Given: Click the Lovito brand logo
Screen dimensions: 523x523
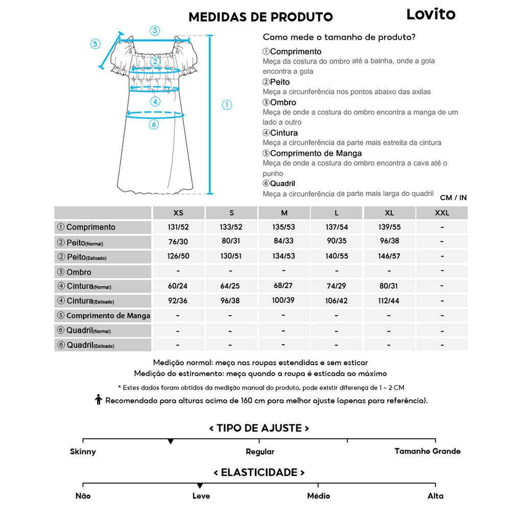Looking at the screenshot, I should (x=431, y=14).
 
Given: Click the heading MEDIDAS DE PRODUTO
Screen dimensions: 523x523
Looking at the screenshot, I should (x=260, y=17).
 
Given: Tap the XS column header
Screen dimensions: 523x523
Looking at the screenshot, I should (x=178, y=212).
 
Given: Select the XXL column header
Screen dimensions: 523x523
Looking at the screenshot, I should (x=442, y=212).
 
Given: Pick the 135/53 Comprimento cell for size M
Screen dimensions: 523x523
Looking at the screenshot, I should (x=284, y=227).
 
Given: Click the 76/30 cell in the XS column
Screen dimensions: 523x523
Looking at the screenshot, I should (x=178, y=242).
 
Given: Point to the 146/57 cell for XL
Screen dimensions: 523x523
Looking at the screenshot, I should (x=389, y=256).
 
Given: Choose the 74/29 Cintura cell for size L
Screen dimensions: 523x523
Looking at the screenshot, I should (x=336, y=286).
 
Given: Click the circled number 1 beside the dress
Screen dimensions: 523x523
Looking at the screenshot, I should (x=227, y=105).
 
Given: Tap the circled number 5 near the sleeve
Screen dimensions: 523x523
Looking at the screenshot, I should (x=95, y=44).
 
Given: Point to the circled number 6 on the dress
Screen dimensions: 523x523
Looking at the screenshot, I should (x=154, y=124).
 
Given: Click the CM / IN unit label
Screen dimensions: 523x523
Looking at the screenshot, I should (x=453, y=198).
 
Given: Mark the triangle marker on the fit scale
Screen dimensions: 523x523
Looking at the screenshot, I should (x=170, y=441).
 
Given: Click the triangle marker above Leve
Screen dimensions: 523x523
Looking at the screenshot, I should (x=200, y=486).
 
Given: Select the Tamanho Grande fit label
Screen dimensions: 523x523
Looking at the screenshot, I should (x=427, y=451).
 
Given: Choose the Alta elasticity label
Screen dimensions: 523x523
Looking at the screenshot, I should (x=435, y=495).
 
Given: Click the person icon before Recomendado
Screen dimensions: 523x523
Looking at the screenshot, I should (x=99, y=400).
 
